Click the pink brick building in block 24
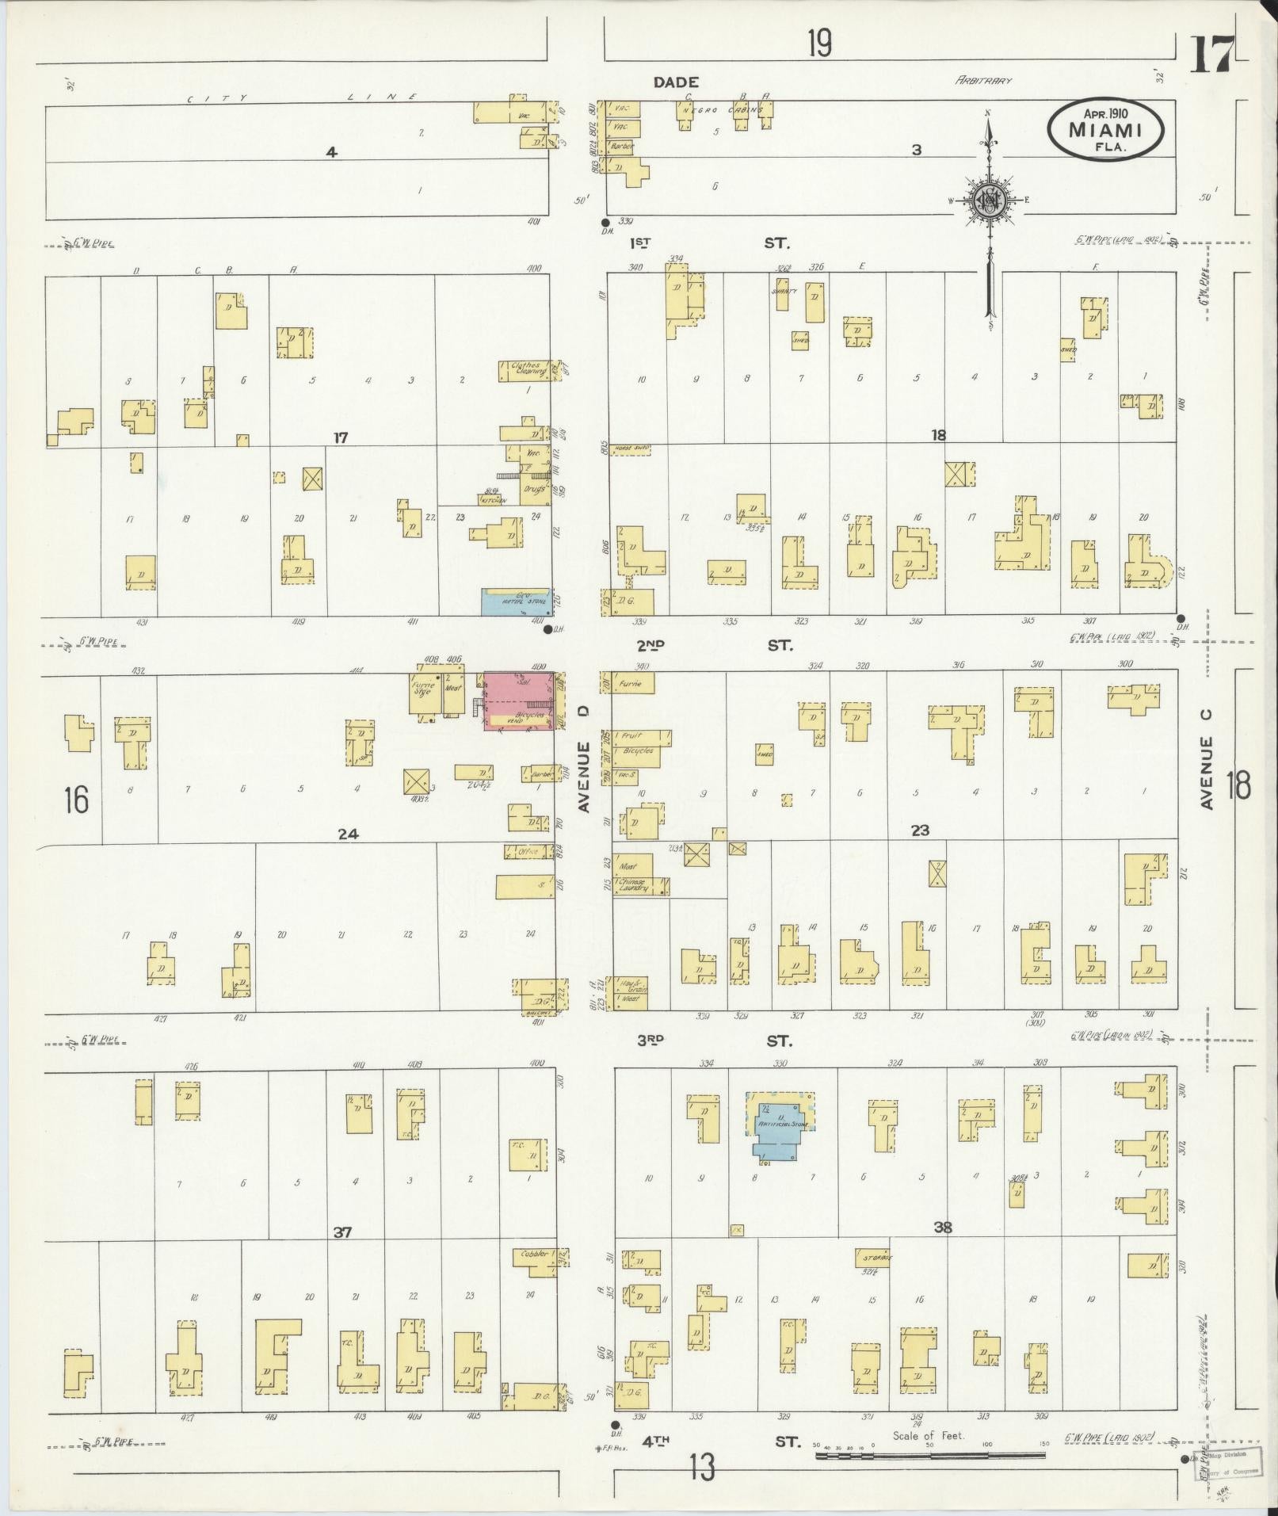[x=519, y=700]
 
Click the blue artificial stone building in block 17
[x=515, y=602]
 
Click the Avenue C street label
[x=1207, y=759]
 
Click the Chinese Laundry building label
[x=634, y=885]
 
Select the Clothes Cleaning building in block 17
[x=524, y=370]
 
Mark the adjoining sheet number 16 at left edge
[x=76, y=800]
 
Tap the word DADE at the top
[x=676, y=82]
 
